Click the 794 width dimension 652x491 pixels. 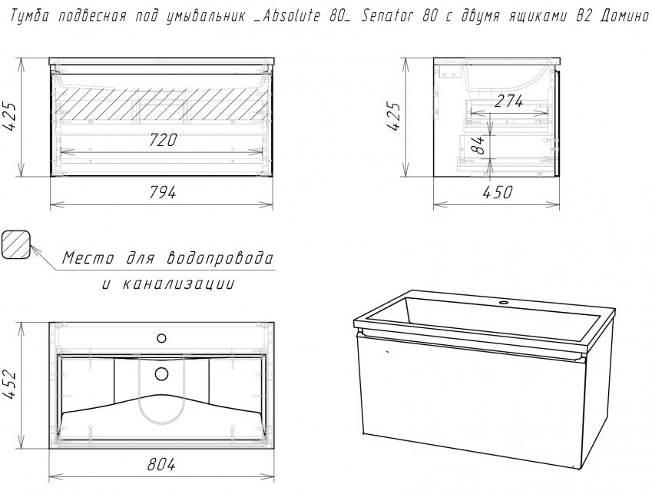click(162, 193)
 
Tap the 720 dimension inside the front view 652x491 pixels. click(163, 140)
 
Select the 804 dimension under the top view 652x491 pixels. click(161, 464)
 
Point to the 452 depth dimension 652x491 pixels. click(10, 384)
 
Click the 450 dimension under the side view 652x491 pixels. click(498, 192)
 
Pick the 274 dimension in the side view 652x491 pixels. click(509, 101)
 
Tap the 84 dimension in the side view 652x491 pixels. click(479, 144)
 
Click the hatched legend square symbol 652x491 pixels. click(16, 244)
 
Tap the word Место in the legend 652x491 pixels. click(88, 258)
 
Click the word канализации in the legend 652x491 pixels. click(179, 284)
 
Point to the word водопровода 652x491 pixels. click(220, 259)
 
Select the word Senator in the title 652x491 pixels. click(389, 16)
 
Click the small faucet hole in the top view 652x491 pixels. click(161, 339)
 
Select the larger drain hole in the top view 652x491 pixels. click(162, 374)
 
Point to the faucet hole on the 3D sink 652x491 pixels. click(505, 302)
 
